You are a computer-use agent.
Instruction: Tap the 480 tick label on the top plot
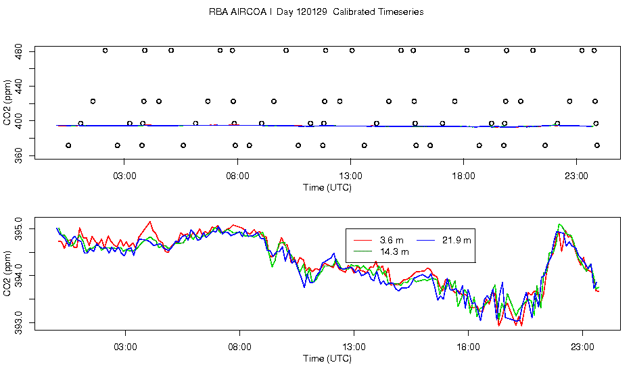coord(20,51)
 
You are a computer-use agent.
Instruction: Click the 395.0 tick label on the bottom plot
coord(20,230)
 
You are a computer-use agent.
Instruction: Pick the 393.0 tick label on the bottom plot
coord(20,322)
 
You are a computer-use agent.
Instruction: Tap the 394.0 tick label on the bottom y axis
coord(20,276)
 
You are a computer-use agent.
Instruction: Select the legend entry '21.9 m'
coord(456,240)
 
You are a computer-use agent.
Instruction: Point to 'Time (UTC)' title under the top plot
coord(327,187)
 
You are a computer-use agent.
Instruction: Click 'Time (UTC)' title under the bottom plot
coord(327,358)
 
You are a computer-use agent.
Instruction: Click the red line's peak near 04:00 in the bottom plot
coord(150,222)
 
